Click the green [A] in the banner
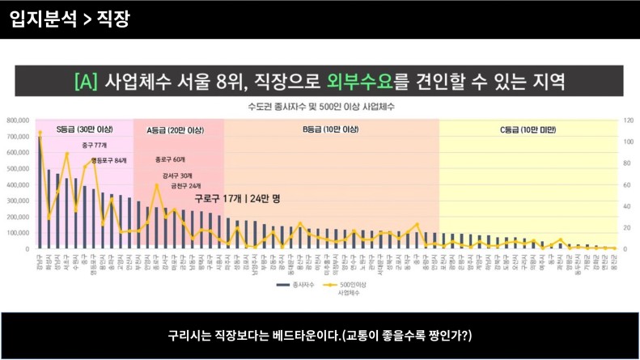(x=87, y=82)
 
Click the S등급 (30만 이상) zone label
(x=83, y=129)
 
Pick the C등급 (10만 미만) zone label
(x=528, y=129)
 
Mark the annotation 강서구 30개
(x=177, y=176)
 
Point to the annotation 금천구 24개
(x=185, y=186)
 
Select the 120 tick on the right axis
(x=625, y=121)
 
